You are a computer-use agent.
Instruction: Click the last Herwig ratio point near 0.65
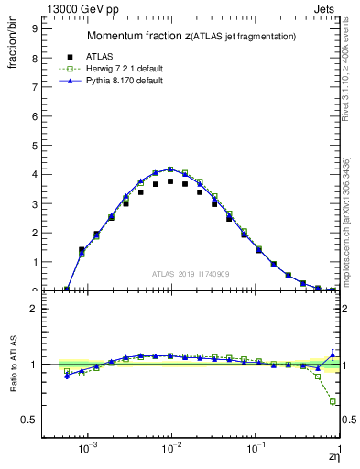(333, 401)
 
